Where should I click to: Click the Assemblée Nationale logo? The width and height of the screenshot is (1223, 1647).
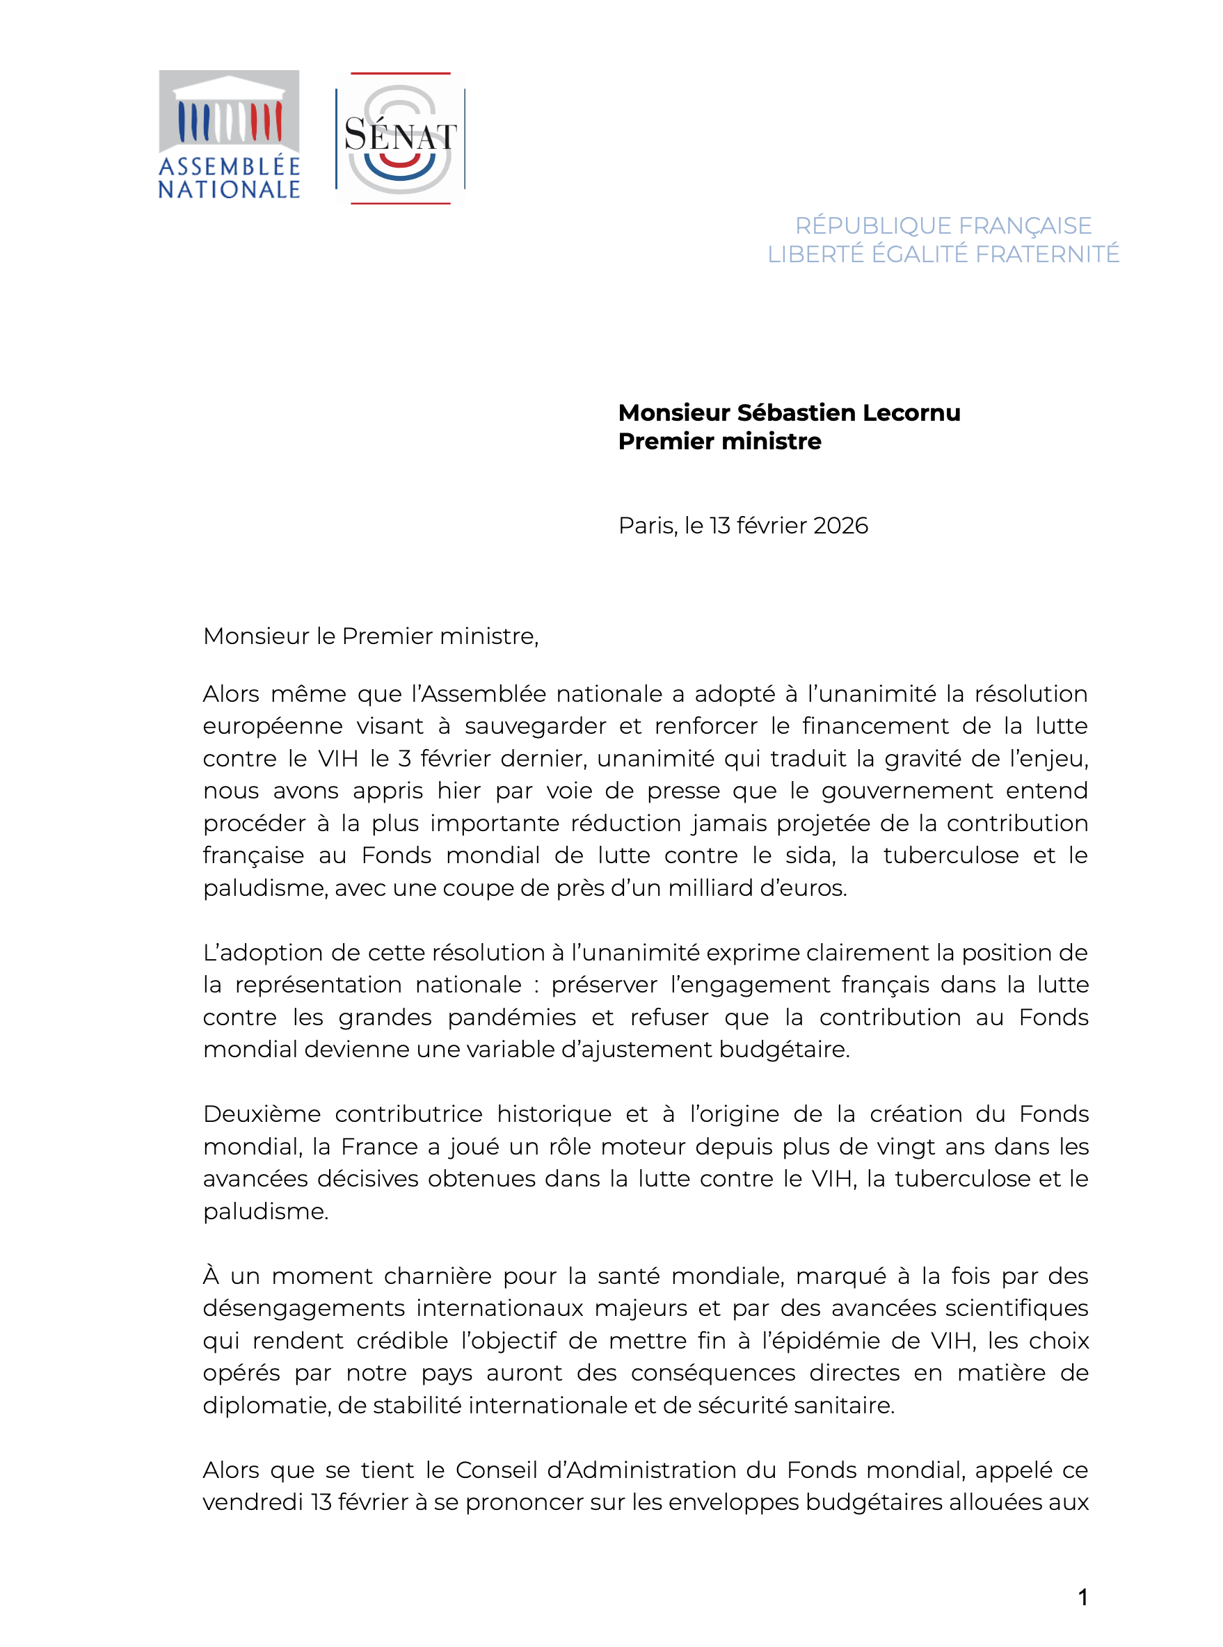tap(229, 135)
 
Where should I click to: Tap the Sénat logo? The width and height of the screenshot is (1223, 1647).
tap(400, 138)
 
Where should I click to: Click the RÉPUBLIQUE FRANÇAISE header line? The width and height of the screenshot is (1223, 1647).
tap(943, 225)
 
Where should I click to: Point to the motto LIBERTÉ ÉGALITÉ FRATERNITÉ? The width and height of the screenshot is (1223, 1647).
tap(943, 254)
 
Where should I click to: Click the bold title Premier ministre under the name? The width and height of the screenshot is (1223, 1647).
tap(719, 441)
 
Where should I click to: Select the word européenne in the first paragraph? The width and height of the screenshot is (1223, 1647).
tap(273, 726)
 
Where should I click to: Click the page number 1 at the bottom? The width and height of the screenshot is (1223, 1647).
tap(1082, 1598)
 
